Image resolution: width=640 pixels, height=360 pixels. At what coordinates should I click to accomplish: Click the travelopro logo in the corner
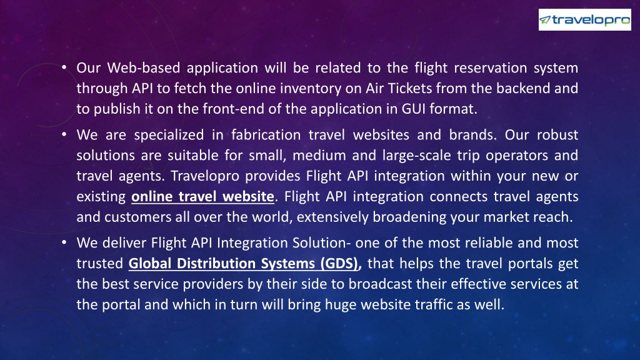(584, 19)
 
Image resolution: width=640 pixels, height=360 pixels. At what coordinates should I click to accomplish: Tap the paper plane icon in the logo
(545, 20)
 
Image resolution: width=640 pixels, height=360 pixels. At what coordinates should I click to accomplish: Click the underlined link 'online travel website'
(202, 197)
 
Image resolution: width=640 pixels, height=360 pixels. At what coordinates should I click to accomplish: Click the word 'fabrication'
(266, 135)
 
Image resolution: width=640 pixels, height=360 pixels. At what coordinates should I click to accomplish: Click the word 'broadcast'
(380, 284)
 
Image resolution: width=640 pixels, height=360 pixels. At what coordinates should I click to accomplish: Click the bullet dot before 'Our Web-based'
(64, 67)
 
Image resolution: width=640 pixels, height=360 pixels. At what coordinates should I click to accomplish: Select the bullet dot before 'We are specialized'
(64, 134)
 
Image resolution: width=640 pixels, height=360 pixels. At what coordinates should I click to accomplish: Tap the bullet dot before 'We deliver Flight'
(64, 242)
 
